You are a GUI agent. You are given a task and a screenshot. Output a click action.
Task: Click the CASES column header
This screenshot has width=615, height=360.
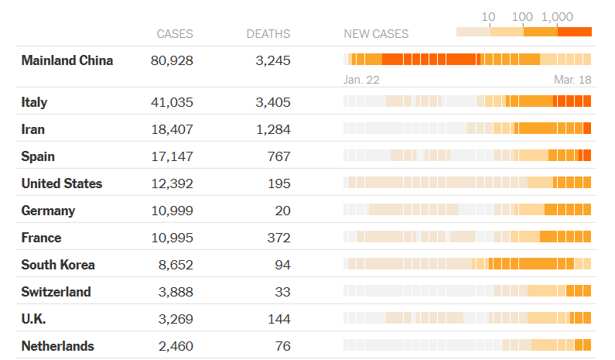tap(175, 34)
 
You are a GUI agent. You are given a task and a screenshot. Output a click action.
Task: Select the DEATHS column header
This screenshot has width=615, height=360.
tap(268, 34)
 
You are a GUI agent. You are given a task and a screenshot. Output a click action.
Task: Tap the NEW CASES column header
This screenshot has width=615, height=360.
tap(376, 34)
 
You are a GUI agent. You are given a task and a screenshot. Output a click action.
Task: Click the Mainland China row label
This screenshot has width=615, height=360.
tap(67, 60)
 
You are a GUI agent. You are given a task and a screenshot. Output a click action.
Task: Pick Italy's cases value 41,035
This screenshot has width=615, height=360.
tap(173, 102)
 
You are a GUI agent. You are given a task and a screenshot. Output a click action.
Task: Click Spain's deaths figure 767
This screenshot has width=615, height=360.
tap(280, 156)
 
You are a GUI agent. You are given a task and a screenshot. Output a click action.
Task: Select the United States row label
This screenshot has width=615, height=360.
tap(62, 183)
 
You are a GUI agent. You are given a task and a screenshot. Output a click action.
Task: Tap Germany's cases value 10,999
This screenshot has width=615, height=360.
tap(173, 211)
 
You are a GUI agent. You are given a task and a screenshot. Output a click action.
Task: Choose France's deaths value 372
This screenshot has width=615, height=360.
tap(280, 238)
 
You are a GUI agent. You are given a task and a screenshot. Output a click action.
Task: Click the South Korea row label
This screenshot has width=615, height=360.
tap(58, 265)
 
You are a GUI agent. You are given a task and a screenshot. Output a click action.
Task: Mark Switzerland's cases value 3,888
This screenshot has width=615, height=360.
tap(176, 292)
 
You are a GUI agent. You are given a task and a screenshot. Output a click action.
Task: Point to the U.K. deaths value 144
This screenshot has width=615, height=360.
tap(280, 319)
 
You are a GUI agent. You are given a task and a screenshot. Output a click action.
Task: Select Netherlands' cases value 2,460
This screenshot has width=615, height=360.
tap(176, 346)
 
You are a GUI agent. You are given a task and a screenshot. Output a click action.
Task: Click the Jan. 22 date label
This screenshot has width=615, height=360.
tap(361, 79)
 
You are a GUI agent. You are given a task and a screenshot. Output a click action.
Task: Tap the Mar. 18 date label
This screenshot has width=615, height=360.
tap(572, 79)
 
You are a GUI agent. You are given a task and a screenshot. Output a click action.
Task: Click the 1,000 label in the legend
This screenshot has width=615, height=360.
tap(558, 16)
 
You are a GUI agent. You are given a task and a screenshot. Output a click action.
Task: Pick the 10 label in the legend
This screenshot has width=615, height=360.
tap(489, 16)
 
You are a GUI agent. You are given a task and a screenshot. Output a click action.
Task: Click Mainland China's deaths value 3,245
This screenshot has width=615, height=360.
tap(273, 60)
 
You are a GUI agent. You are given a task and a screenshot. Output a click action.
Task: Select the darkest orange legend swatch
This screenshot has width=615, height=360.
tap(575, 32)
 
